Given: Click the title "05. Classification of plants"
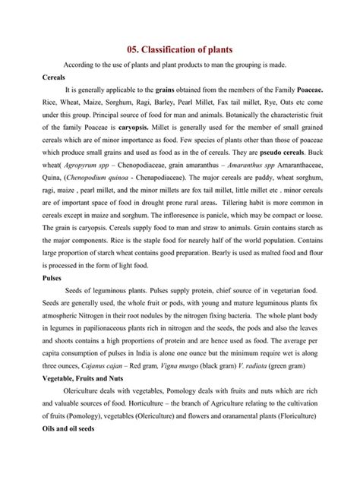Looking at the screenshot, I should coord(180,49).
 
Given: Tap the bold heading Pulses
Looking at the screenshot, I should coord(54,278).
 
